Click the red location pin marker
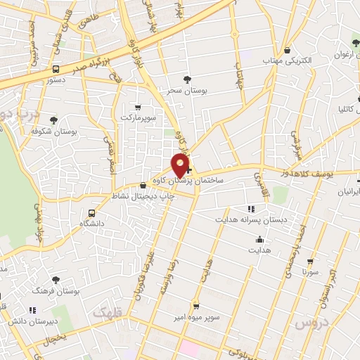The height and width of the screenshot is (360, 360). [x=181, y=166]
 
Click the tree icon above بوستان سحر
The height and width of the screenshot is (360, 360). [x=186, y=79]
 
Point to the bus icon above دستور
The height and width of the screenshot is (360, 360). [x=56, y=69]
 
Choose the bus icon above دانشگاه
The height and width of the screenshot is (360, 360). [x=92, y=213]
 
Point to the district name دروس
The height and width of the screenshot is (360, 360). [x=311, y=323]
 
